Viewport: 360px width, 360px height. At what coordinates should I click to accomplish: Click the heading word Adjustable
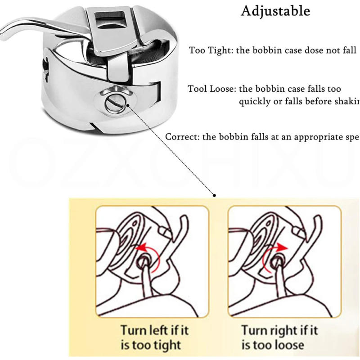click(275, 11)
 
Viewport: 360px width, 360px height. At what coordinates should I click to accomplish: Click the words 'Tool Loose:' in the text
click(211, 89)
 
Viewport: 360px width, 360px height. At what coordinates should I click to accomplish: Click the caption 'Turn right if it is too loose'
click(279, 337)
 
